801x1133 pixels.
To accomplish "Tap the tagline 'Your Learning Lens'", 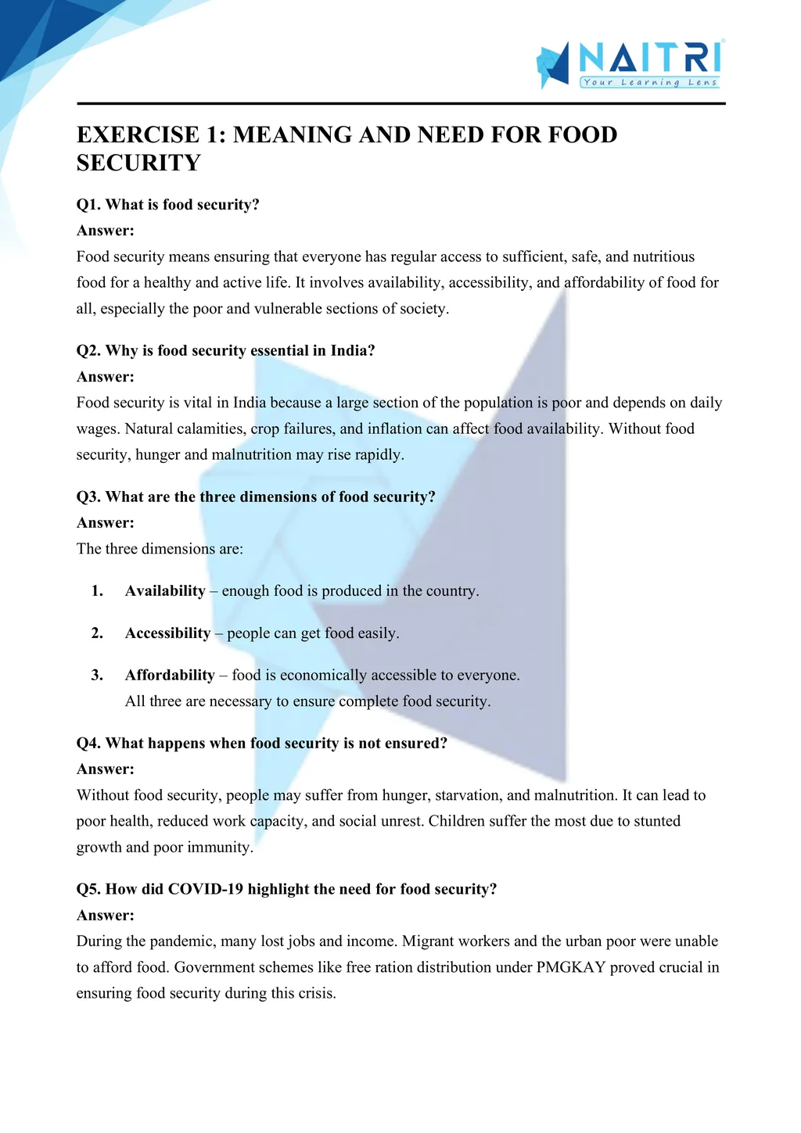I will [649, 82].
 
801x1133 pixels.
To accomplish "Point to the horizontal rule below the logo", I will [400, 103].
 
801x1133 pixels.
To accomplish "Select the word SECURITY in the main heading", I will [138, 163].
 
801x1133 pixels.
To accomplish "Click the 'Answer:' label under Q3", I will [106, 522].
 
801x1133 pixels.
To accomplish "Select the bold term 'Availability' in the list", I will [165, 591].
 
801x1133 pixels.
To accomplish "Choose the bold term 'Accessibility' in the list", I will [167, 633].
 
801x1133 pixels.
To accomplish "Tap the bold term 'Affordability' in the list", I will [170, 676].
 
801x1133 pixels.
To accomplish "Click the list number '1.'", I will [97, 591].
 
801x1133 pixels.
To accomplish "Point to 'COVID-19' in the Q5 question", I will [206, 889].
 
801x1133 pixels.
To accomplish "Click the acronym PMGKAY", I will [571, 967].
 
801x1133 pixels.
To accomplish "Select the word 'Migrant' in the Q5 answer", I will [429, 941].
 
